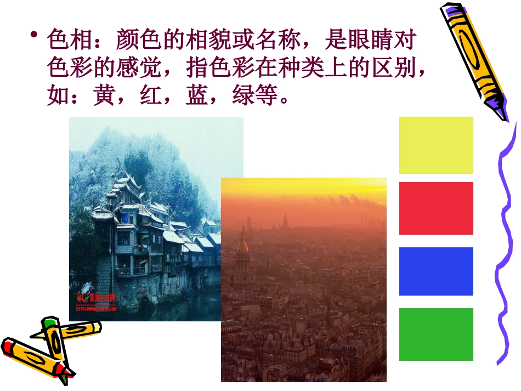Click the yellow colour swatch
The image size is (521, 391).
436,145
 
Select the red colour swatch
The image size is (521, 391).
436,208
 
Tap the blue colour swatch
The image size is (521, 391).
436,271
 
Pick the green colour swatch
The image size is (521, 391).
436,335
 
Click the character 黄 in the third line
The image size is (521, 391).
106,97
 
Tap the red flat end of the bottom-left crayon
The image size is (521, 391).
8,347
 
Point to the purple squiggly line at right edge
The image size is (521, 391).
506,247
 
